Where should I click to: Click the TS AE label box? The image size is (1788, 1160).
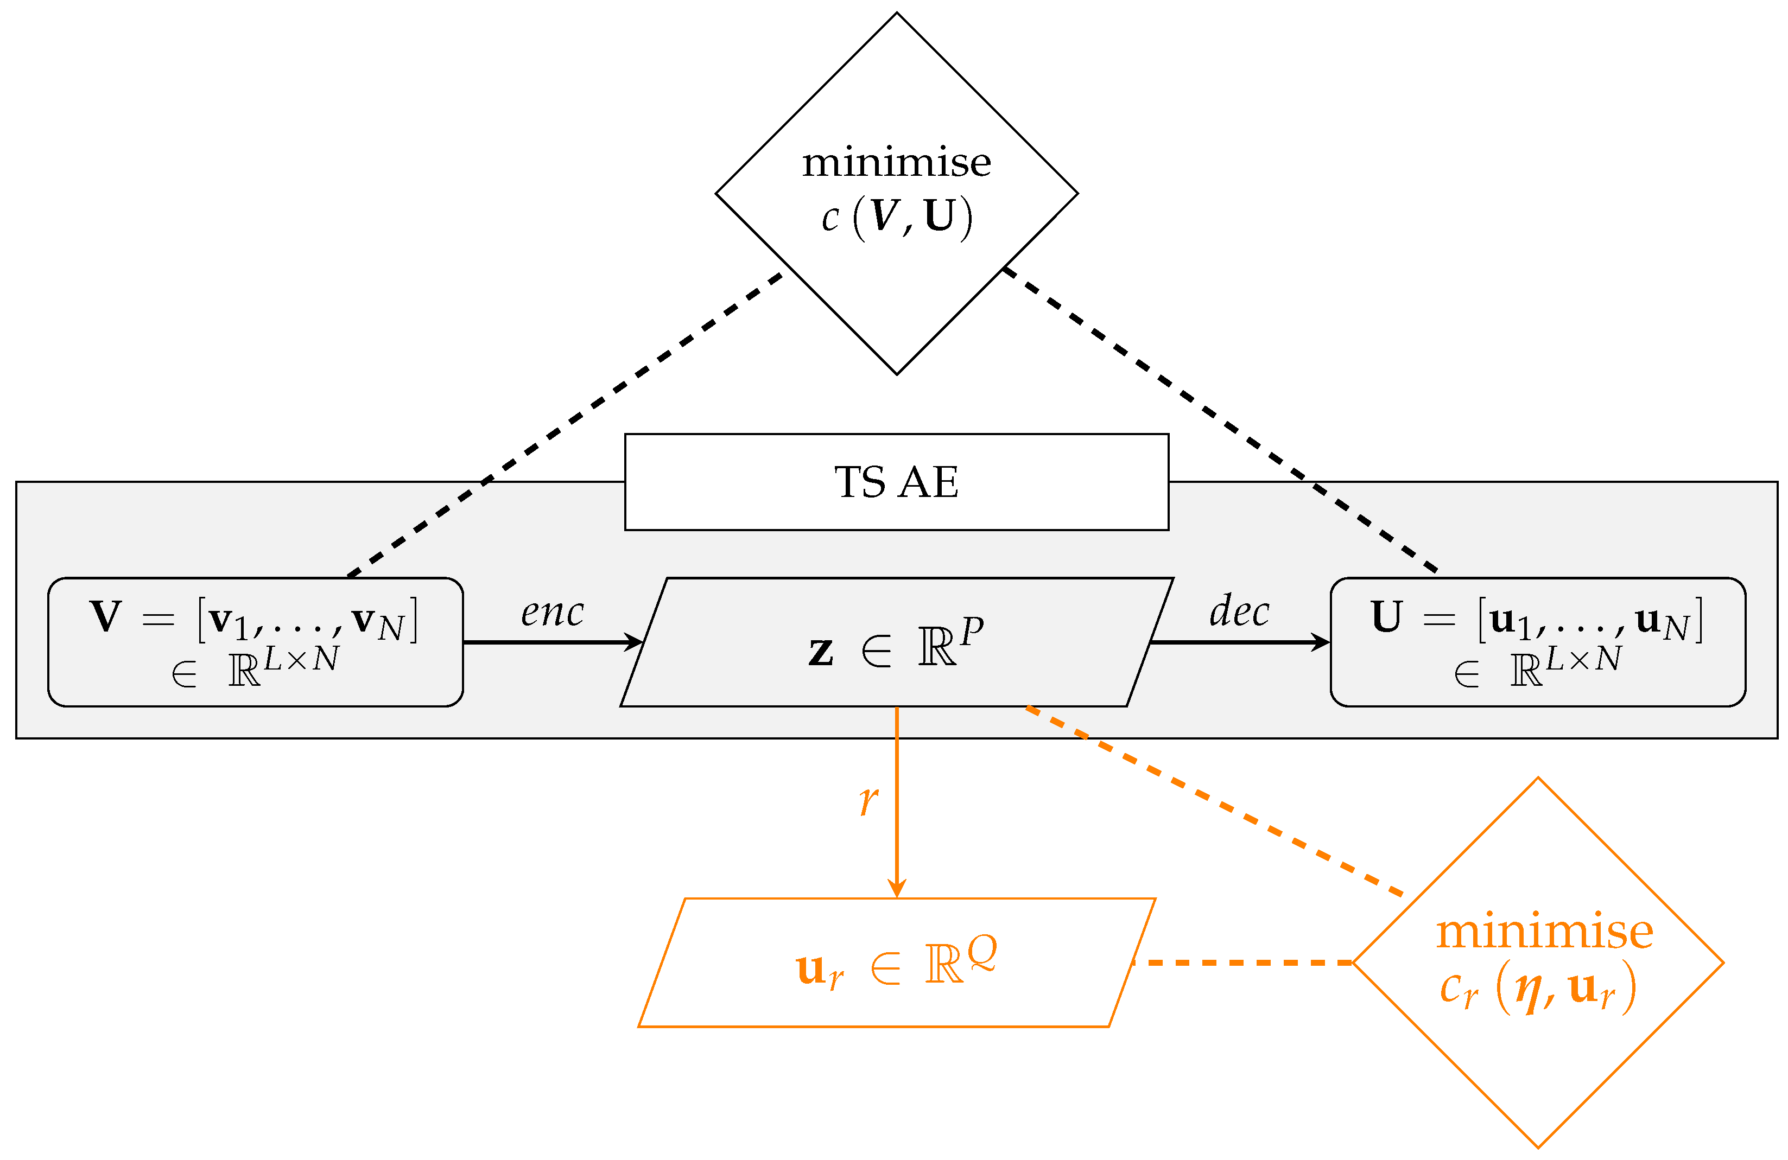(896, 482)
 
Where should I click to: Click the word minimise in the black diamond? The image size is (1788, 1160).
(896, 163)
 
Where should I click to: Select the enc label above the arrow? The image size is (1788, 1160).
(552, 612)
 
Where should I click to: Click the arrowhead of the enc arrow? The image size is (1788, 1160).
(636, 643)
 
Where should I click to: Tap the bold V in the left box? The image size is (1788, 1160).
(105, 616)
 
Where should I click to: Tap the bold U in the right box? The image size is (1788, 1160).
(1386, 616)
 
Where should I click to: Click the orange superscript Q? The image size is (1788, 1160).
(981, 953)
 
